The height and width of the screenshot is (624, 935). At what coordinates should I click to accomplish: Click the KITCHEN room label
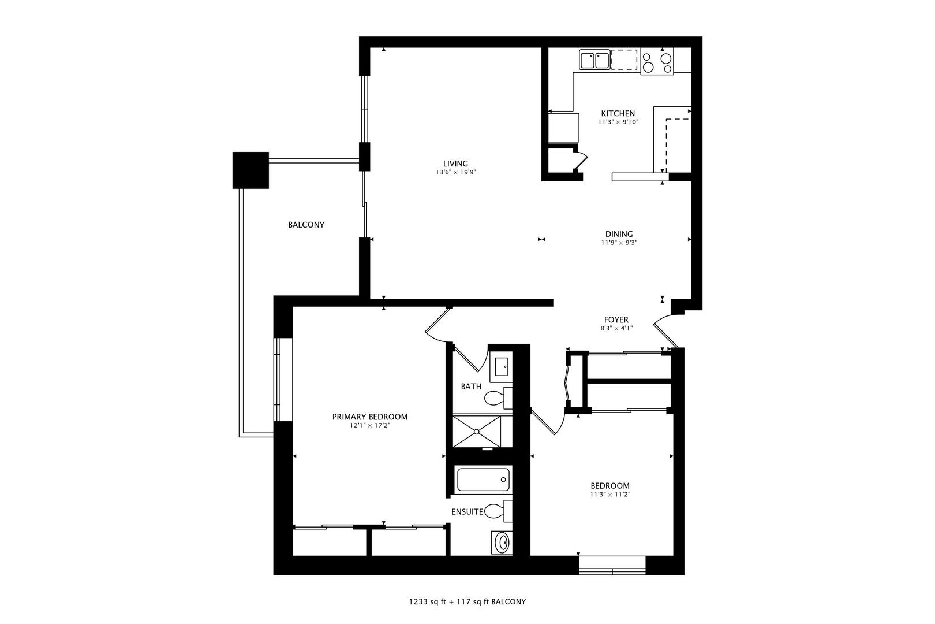point(618,113)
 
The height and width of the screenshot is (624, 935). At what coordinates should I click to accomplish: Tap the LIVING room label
point(455,164)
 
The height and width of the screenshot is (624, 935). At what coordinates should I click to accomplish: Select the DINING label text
point(619,234)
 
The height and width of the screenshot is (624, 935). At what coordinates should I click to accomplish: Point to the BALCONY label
point(306,225)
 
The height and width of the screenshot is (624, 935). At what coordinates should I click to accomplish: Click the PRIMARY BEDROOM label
point(369,417)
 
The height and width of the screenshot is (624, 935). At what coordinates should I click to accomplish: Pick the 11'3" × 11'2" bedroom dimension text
point(609,495)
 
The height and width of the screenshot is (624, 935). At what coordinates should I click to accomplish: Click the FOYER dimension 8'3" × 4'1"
point(616,329)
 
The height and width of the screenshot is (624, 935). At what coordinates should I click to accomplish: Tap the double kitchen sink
point(594,60)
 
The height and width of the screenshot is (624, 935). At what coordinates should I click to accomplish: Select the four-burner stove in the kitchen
point(657,62)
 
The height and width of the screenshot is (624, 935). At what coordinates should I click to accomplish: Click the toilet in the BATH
point(497,398)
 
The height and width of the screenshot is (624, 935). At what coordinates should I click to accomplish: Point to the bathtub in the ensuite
point(483,480)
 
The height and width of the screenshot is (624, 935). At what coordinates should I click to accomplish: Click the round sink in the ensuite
point(503,543)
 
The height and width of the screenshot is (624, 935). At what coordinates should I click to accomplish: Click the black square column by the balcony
point(250,170)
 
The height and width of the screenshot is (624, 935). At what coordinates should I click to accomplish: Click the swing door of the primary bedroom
point(437,323)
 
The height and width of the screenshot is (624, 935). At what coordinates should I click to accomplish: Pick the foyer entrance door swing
point(665,329)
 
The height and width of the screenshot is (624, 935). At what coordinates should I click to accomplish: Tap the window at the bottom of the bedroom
point(612,565)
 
